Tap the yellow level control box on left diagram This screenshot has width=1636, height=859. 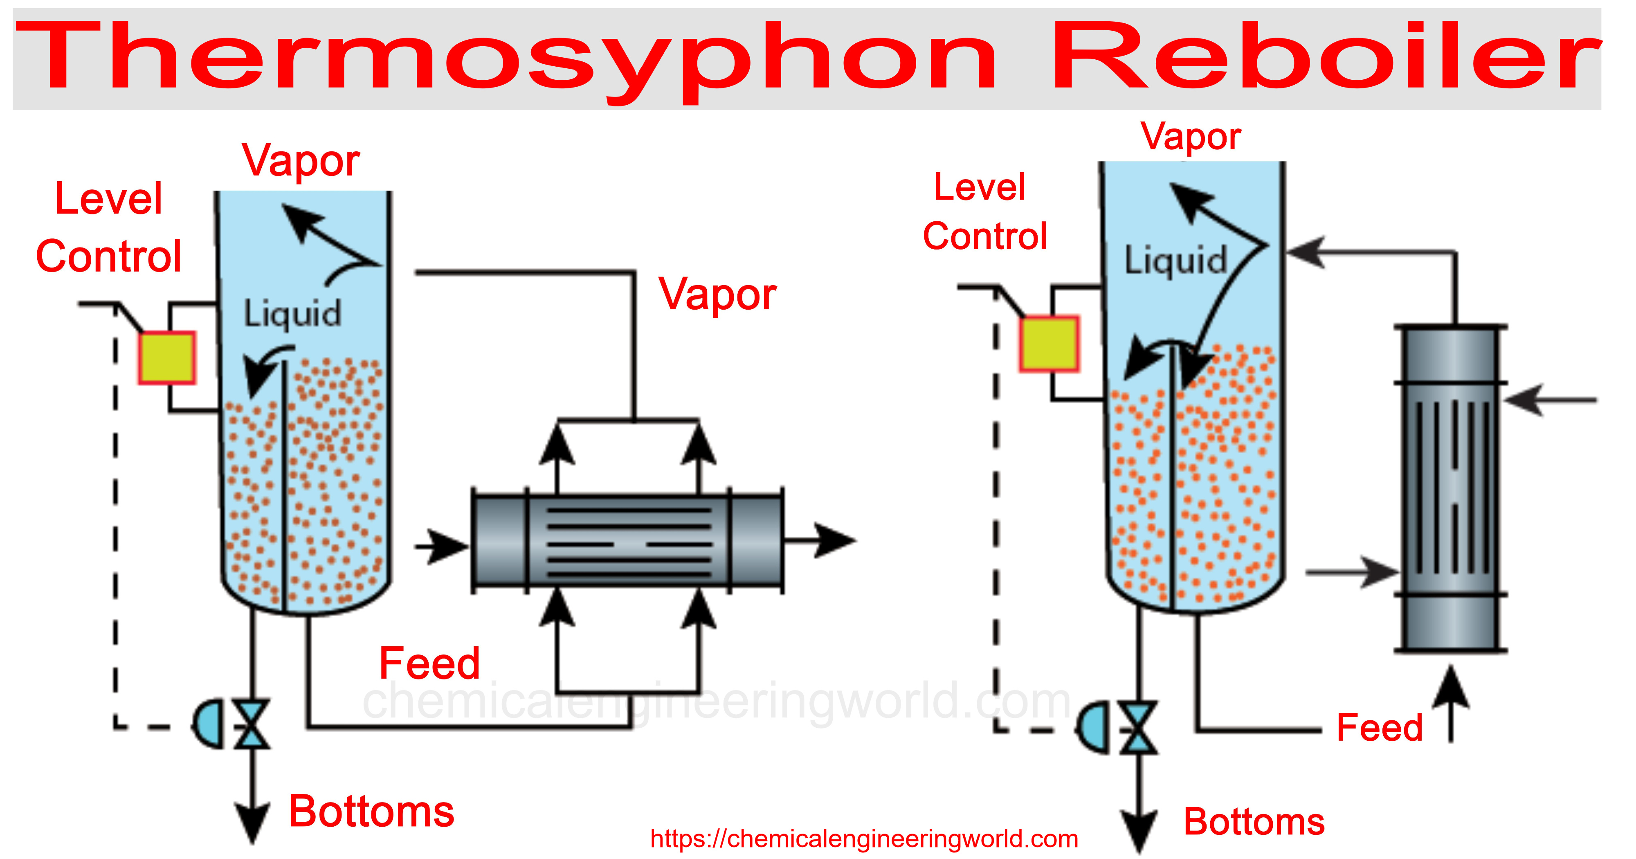pos(167,358)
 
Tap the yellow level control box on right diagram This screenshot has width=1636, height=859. pos(1049,344)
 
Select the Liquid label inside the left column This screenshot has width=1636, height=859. pos(293,314)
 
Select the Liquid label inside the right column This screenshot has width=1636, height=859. pos(1175,261)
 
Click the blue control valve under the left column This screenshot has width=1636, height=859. pos(252,724)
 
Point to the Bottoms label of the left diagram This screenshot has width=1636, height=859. pos(371,812)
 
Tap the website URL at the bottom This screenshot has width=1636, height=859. pos(864,839)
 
